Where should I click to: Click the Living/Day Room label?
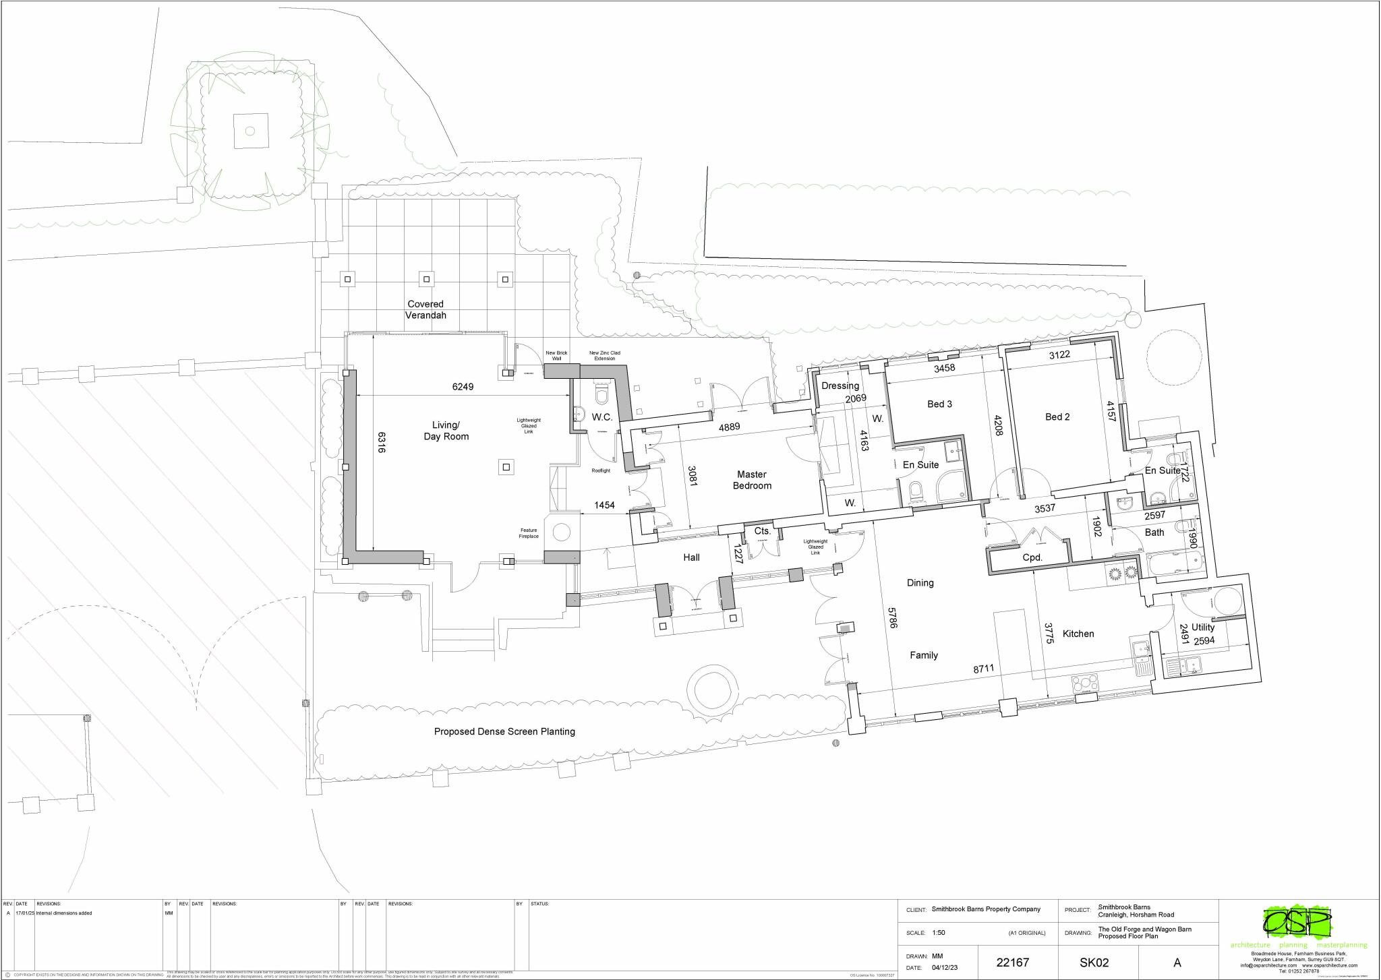pyautogui.click(x=446, y=431)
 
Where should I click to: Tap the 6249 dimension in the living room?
pyautogui.click(x=463, y=387)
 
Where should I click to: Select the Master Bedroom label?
pyautogui.click(x=752, y=480)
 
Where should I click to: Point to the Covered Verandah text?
pyautogui.click(x=425, y=309)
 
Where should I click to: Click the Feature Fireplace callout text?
pyautogui.click(x=529, y=533)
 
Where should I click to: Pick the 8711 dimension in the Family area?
pyautogui.click(x=983, y=669)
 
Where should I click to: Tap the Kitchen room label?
pyautogui.click(x=1078, y=634)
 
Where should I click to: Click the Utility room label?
pyautogui.click(x=1202, y=627)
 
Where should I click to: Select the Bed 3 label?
pyautogui.click(x=939, y=404)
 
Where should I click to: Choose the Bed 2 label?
pyautogui.click(x=1057, y=417)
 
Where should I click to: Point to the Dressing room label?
pyautogui.click(x=840, y=386)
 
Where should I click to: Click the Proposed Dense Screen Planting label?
pyautogui.click(x=504, y=731)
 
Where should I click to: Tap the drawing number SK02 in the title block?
pyautogui.click(x=1094, y=962)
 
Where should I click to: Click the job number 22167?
pyautogui.click(x=1013, y=962)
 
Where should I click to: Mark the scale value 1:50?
pyautogui.click(x=938, y=933)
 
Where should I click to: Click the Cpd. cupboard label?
pyautogui.click(x=1032, y=557)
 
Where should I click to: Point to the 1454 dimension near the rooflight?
pyautogui.click(x=604, y=505)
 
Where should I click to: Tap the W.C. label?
pyautogui.click(x=601, y=417)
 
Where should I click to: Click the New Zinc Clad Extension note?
pyautogui.click(x=604, y=355)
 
